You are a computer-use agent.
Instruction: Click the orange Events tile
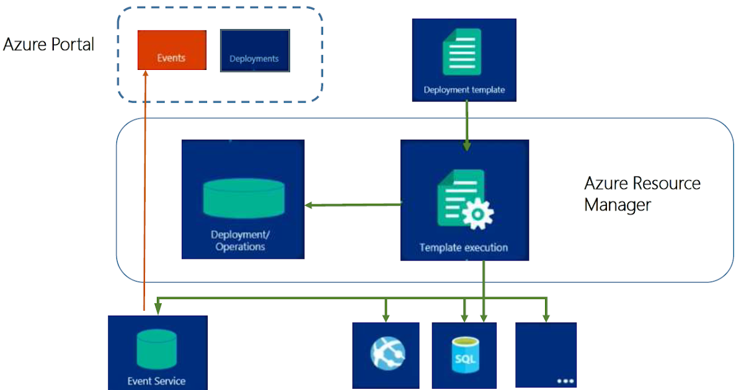click(172, 50)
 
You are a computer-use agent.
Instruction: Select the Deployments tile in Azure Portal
click(255, 51)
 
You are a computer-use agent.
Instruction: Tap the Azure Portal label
click(49, 45)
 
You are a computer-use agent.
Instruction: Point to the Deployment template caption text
click(464, 90)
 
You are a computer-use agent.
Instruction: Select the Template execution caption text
click(464, 248)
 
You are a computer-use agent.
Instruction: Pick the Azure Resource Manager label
click(642, 194)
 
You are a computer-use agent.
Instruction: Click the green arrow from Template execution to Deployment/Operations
click(353, 205)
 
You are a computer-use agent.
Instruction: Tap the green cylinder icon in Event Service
click(157, 349)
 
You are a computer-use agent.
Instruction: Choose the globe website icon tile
click(386, 355)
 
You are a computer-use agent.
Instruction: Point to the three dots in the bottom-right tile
click(565, 381)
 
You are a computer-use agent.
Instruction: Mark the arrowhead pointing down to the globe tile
click(386, 318)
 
